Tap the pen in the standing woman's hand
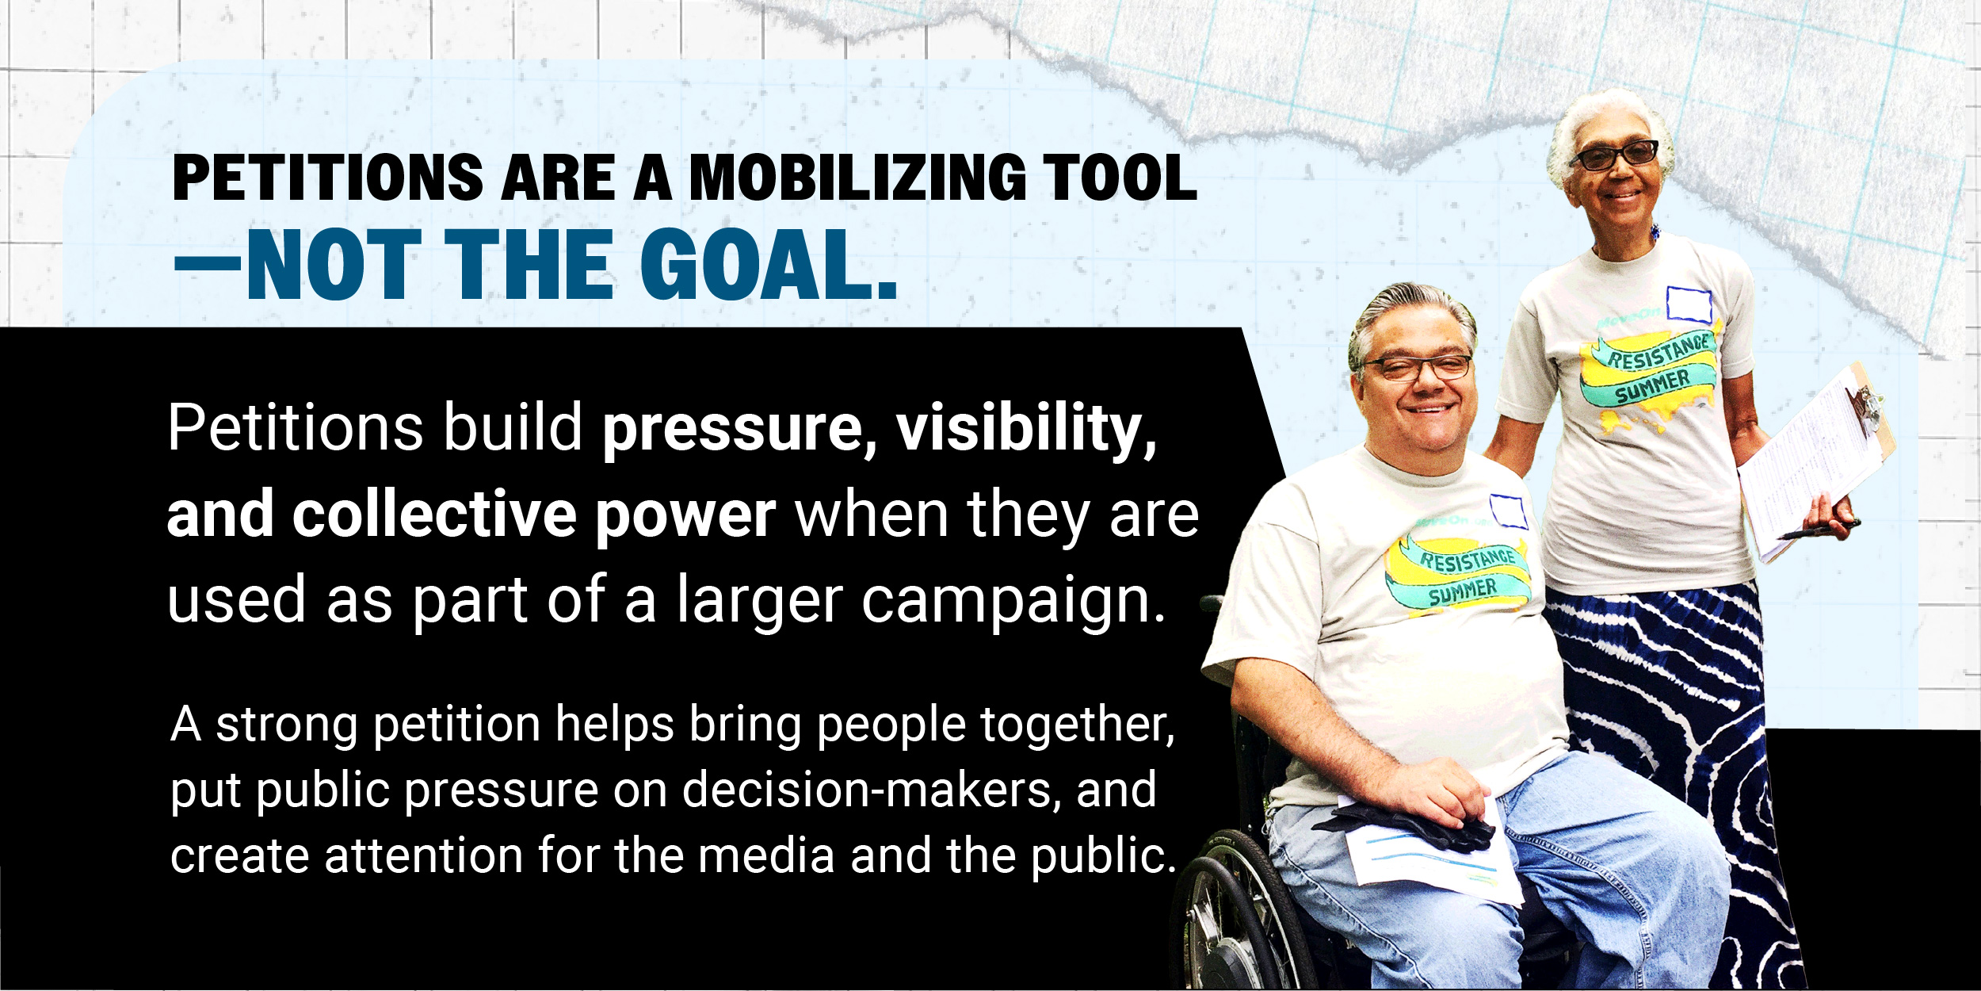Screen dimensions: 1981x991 [1819, 530]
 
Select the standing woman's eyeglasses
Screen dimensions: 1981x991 [1613, 155]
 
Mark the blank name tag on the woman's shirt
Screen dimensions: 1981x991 [1689, 304]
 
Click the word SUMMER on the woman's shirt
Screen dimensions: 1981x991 [1653, 386]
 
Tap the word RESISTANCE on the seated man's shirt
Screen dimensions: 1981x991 [1468, 561]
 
